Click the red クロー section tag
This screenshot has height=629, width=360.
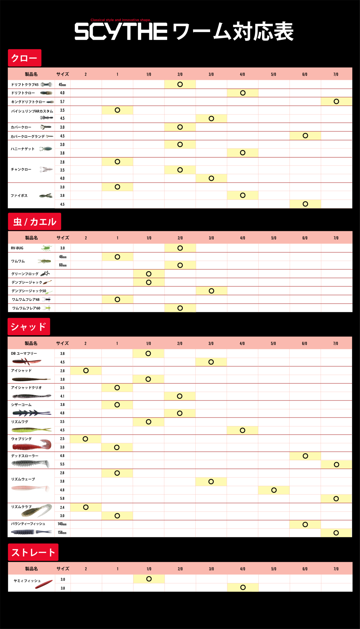pos(24,58)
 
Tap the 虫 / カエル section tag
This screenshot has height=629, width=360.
pos(34,221)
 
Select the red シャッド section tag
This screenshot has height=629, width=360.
pos(28,327)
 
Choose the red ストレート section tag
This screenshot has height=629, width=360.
pos(33,552)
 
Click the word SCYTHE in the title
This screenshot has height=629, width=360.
pos(121,32)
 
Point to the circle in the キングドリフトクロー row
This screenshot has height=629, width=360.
pos(336,101)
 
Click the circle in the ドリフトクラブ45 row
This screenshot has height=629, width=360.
pos(180,84)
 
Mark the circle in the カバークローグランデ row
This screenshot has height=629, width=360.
pos(305,136)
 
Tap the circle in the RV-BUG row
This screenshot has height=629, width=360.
pos(180,248)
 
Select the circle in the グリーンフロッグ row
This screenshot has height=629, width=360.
pos(148,274)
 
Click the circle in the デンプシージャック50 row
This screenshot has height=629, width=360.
pos(211,291)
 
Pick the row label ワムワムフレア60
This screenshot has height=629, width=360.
pos(26,308)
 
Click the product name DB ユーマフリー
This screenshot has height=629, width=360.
pos(24,354)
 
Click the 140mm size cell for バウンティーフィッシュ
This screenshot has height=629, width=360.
pos(62,524)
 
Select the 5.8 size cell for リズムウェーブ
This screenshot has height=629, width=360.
pos(62,498)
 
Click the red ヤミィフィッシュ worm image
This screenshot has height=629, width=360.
pos(44,585)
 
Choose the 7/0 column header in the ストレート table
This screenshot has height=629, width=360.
pos(336,569)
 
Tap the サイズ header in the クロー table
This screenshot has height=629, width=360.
pos(62,74)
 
